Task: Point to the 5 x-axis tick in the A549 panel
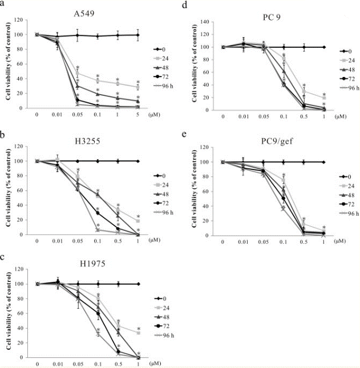pyautogui.click(x=137, y=115)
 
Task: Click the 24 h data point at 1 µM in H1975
pyautogui.click(x=137, y=333)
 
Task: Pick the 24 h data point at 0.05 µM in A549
pyautogui.click(x=78, y=73)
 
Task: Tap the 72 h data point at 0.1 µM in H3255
pyautogui.click(x=98, y=213)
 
